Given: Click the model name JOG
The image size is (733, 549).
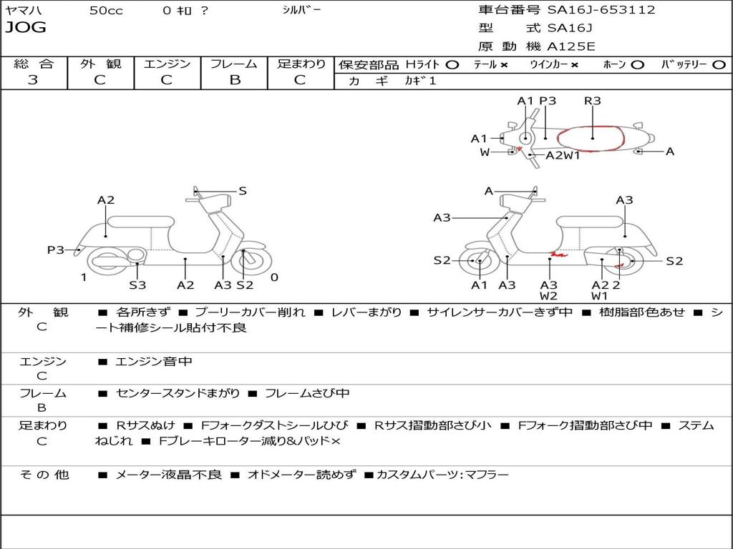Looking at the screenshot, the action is pos(25,28).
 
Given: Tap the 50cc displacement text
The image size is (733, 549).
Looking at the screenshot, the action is pos(106,11).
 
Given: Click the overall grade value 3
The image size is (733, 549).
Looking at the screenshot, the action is pos(33,80).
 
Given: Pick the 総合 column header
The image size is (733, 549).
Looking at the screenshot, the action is pos(34,64).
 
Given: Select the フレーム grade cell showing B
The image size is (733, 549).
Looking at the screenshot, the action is pos(234,80).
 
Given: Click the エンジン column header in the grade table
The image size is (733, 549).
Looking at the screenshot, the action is pos(167,64).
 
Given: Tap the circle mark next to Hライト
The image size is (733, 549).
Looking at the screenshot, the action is pos(452,64).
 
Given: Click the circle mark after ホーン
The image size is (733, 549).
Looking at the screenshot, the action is pos(637,64).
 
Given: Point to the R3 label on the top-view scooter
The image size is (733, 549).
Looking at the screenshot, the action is pos(592,101).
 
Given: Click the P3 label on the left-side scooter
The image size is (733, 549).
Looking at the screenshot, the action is pos(56,249).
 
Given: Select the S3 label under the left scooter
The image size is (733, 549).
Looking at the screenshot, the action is pos(137,285).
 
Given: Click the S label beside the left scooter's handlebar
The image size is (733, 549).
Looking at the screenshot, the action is pos(243,191).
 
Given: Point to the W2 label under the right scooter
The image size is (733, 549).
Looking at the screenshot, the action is pos(549,295).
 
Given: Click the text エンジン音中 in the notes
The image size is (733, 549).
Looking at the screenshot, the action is pos(153,362).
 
